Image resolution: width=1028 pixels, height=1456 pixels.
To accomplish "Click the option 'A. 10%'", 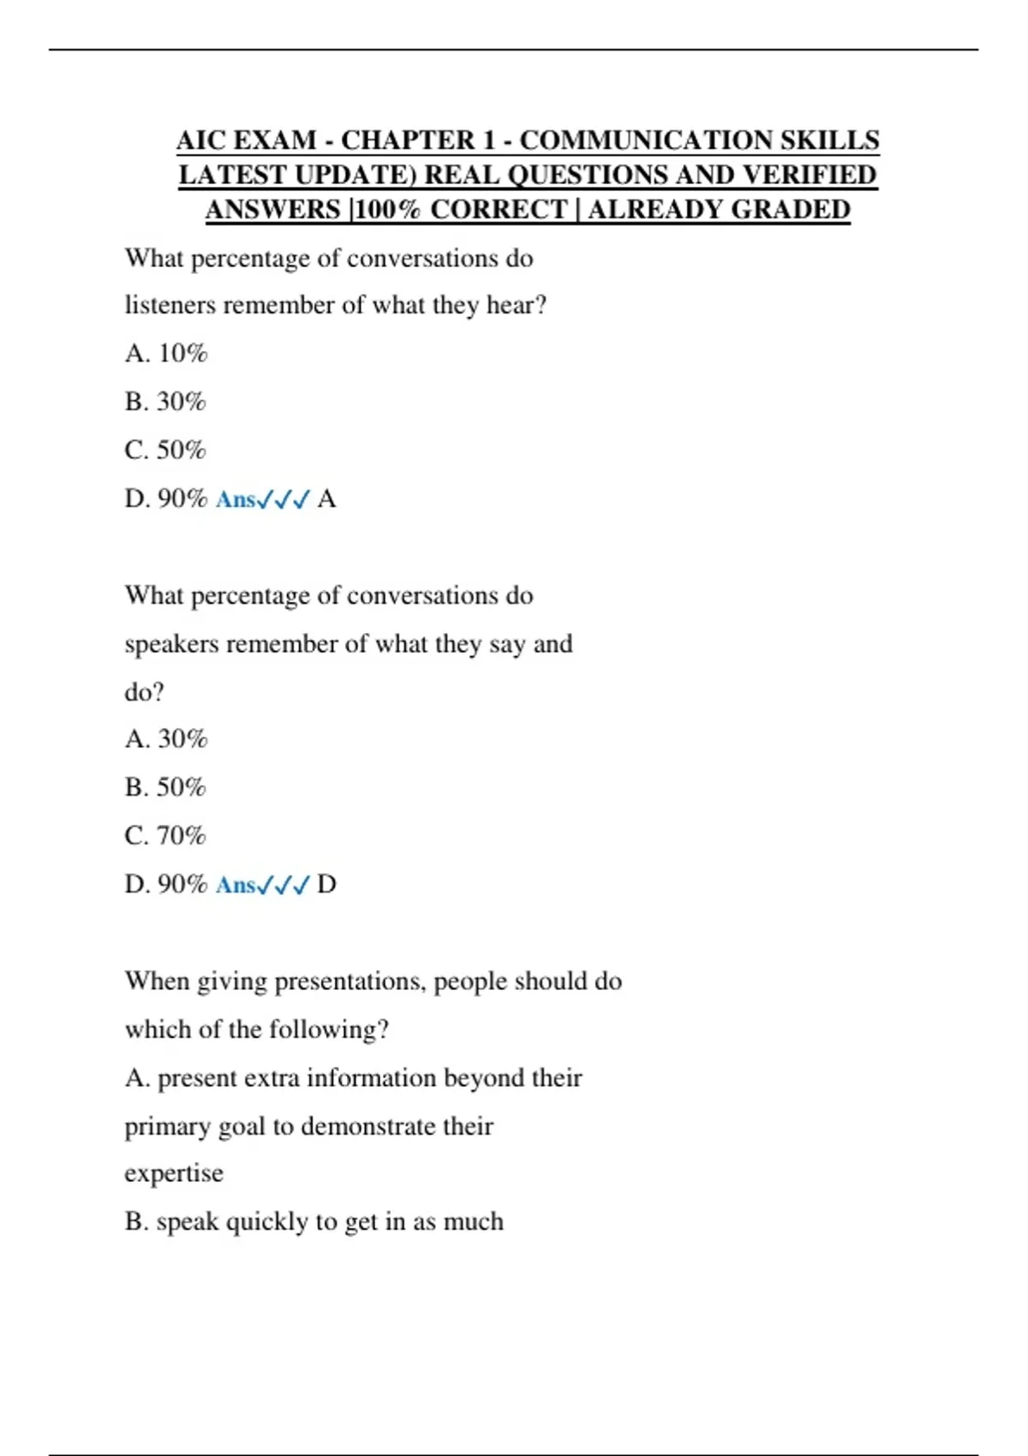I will tap(166, 354).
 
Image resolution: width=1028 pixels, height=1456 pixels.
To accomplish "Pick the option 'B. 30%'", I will tap(165, 402).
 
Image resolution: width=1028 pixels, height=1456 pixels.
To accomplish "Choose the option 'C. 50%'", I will tap(165, 451).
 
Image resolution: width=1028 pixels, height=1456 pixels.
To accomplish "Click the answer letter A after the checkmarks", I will tap(326, 499).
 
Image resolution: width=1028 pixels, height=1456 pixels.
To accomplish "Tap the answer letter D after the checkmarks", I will tap(326, 885).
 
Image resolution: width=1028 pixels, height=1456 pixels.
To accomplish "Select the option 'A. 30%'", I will tap(166, 739).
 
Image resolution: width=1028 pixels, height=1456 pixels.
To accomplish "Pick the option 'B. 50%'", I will tap(165, 787).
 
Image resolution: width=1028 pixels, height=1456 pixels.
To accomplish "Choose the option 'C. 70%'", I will tap(165, 836).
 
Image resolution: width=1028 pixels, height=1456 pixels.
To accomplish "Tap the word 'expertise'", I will tap(174, 1173).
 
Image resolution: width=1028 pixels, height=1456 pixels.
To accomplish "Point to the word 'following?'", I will tap(329, 1029).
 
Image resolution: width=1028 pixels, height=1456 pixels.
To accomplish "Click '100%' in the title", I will tap(387, 210).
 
